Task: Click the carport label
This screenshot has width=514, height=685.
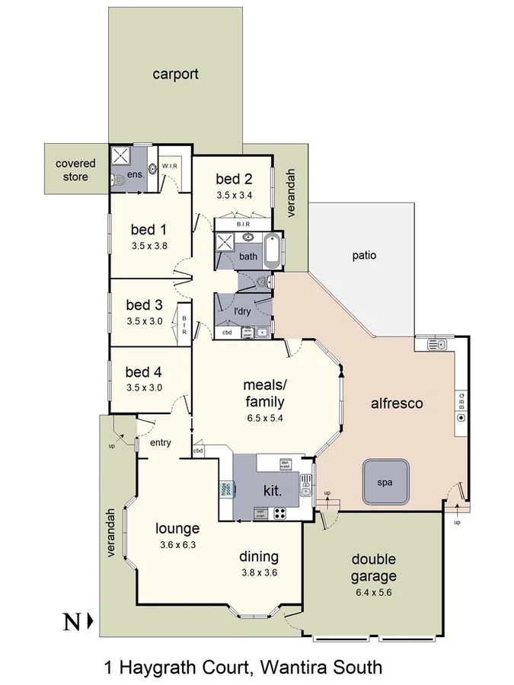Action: [175, 74]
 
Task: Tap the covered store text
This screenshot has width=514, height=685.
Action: [75, 170]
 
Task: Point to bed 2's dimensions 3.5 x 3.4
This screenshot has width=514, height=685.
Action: [234, 196]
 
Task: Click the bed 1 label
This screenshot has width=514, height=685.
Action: [148, 229]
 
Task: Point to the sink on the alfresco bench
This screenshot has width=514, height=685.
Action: [436, 345]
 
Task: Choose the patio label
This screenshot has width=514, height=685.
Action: [364, 256]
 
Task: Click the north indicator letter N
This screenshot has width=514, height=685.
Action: [72, 622]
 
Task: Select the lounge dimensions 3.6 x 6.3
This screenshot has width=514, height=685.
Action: [178, 544]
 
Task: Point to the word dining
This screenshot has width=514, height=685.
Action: [259, 556]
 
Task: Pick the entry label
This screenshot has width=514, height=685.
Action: [161, 442]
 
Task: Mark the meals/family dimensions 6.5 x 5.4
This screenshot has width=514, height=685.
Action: [264, 418]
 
